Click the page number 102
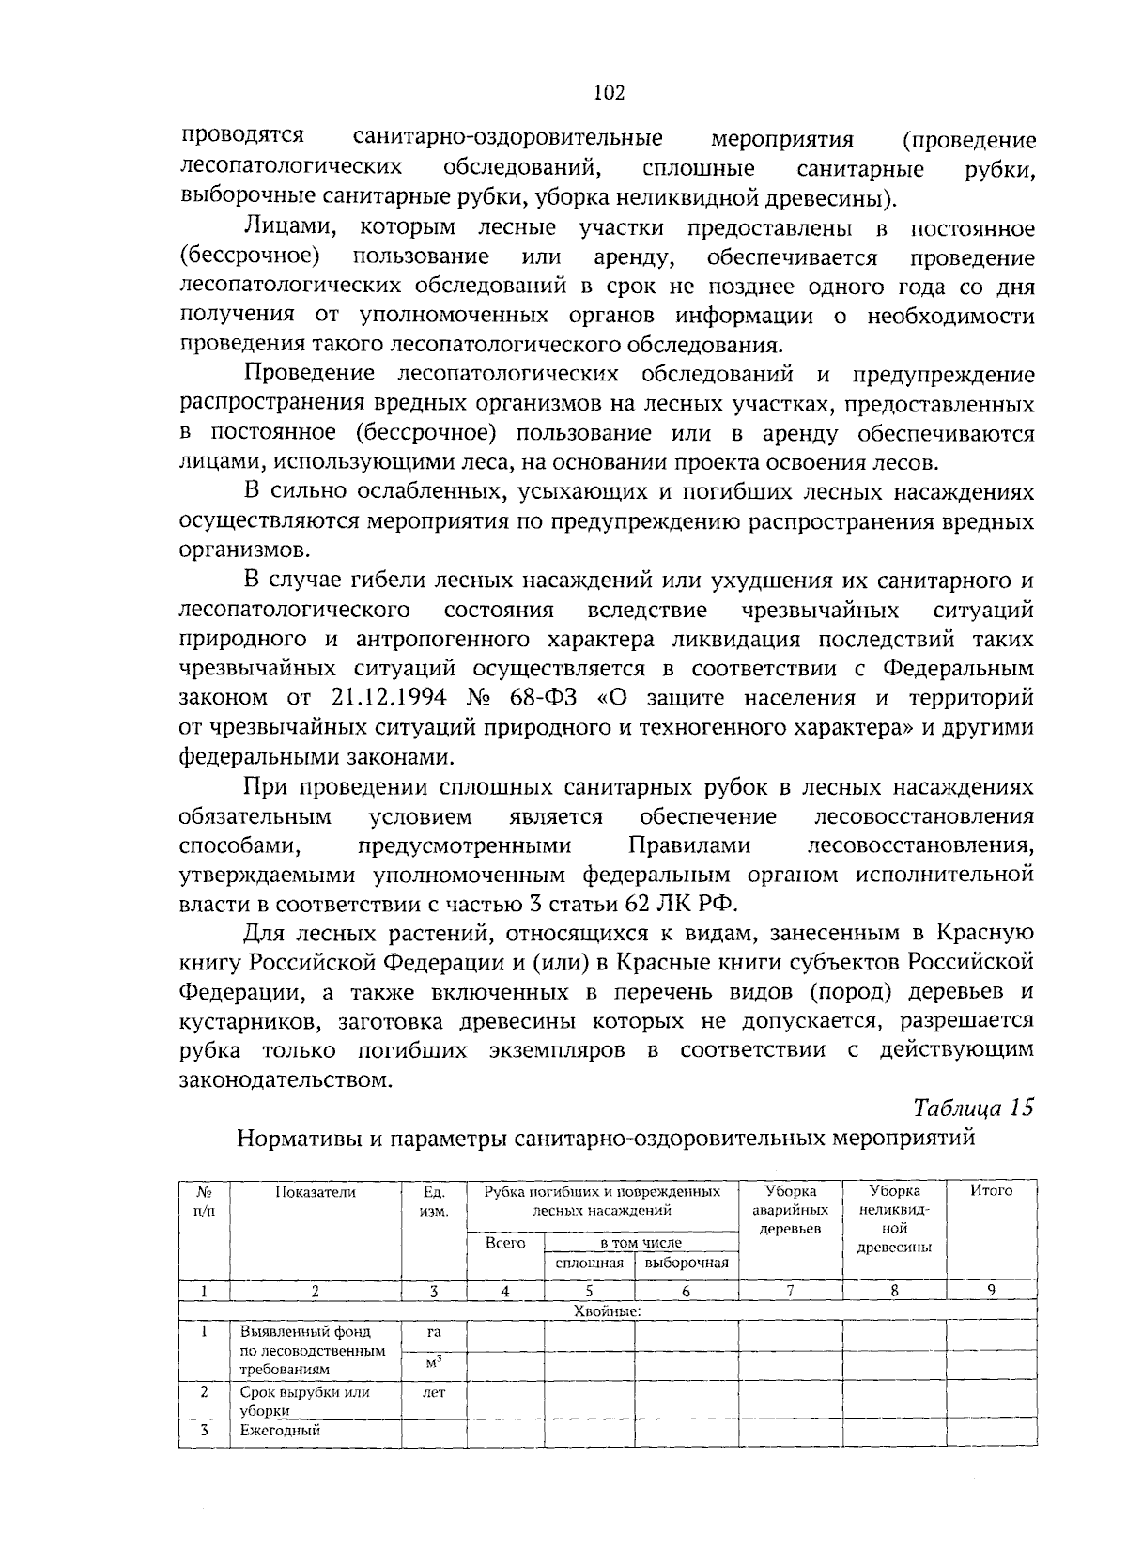(610, 92)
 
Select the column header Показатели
(316, 1191)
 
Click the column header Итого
(991, 1191)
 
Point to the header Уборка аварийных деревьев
(790, 1210)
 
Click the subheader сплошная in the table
(590, 1264)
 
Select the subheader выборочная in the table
(687, 1264)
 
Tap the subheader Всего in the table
(505, 1243)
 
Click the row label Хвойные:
(607, 1311)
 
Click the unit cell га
(433, 1332)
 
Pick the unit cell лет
(433, 1393)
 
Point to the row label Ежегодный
(280, 1431)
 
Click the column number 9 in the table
(991, 1291)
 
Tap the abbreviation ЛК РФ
(703, 904)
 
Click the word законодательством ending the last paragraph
(285, 1079)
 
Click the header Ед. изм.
(433, 1201)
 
